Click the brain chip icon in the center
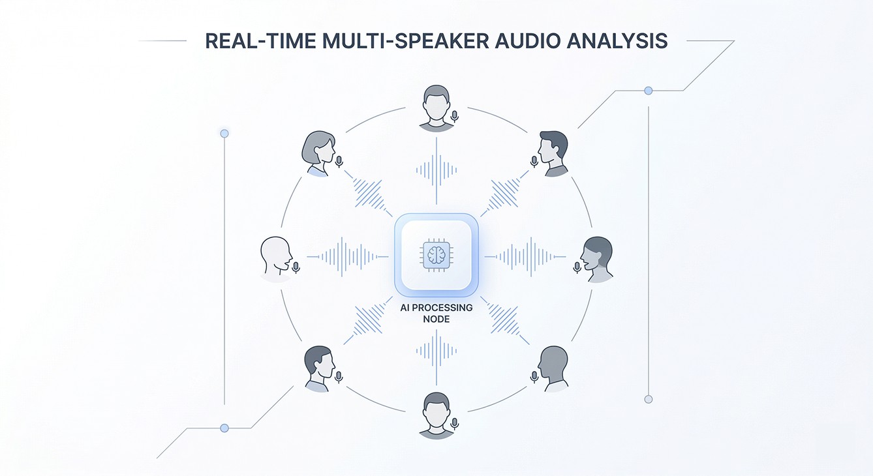click(436, 254)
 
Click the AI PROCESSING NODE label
click(436, 313)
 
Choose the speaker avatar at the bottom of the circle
click(436, 414)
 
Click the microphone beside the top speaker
click(455, 116)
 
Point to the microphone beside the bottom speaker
click(455, 424)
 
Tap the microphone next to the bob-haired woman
click(339, 160)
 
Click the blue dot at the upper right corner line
click(648, 91)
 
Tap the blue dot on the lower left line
click(224, 428)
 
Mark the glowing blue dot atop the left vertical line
click(224, 133)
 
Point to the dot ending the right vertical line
click(648, 399)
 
